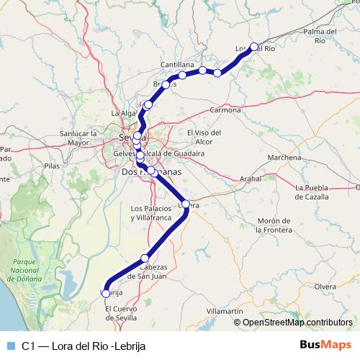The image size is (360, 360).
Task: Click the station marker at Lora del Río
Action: pos(253,47)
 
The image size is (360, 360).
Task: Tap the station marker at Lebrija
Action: pos(106,293)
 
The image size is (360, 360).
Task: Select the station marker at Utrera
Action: pos(186,204)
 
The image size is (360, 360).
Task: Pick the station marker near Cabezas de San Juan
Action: pos(145,258)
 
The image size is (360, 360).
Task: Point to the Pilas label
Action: pos(52,166)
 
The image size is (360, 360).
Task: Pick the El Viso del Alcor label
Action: pos(204,137)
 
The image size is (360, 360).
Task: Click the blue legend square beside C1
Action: pos(10,346)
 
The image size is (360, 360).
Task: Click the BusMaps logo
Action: pos(325,345)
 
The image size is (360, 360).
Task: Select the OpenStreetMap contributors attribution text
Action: pos(297,322)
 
